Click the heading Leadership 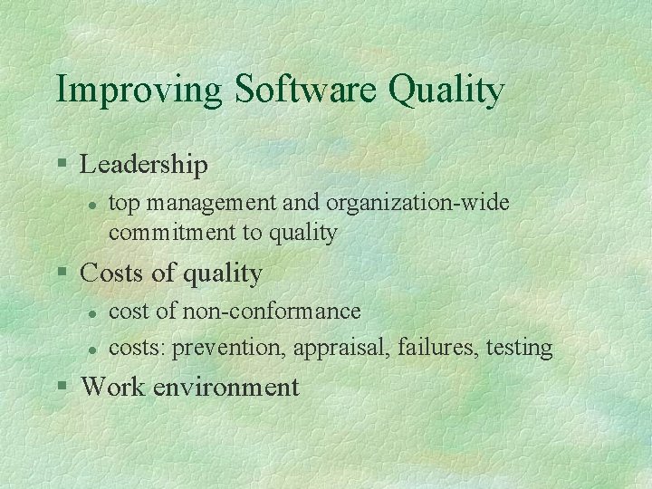click(x=144, y=165)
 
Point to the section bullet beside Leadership click(x=62, y=165)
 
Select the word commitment click(x=171, y=233)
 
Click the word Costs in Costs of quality click(x=110, y=273)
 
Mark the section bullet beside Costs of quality click(x=62, y=273)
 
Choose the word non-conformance click(x=272, y=312)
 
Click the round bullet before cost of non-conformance click(x=91, y=313)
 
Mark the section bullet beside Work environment click(x=62, y=387)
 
